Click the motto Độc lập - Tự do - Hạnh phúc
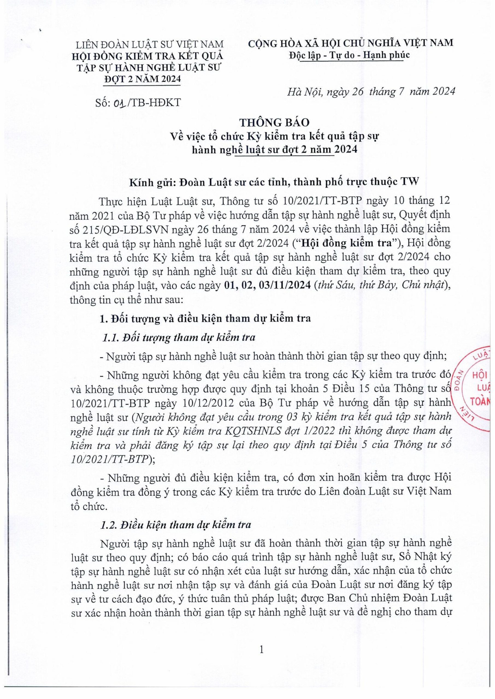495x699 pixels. [x=349, y=55]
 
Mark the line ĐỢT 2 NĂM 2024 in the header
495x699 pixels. [x=142, y=79]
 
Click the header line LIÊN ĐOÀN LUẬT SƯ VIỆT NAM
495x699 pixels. [x=150, y=45]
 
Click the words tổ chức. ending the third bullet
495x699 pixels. [x=89, y=506]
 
